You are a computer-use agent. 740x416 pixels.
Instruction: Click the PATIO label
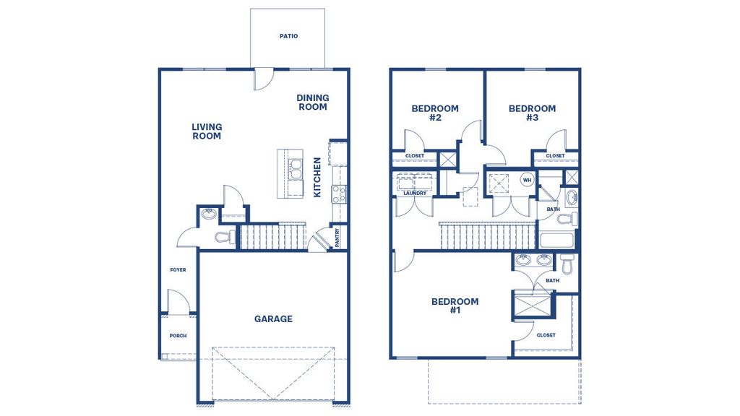288,36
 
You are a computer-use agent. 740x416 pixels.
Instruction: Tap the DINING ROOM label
312,103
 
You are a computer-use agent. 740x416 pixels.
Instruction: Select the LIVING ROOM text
207,131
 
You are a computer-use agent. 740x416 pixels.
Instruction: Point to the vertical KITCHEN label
317,178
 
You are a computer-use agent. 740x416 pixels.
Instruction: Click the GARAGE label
273,318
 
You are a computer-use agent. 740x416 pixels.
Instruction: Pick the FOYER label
178,270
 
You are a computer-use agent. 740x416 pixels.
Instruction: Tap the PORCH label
178,336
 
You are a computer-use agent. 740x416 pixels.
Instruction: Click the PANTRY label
337,237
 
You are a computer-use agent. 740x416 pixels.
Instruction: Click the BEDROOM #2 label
435,113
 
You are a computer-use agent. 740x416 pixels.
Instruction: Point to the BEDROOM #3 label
532,113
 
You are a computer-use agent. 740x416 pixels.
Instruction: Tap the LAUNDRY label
415,193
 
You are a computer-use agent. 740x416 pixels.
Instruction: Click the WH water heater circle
527,180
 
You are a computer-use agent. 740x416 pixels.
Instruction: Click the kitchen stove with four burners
338,193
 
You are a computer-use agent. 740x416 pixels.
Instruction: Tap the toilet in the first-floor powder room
225,237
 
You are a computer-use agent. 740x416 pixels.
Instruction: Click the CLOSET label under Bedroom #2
415,156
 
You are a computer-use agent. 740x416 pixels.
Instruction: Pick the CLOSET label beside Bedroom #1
546,335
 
